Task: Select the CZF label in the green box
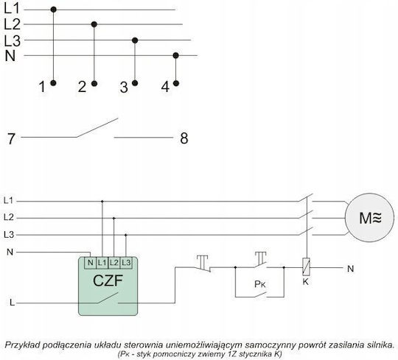click(x=108, y=280)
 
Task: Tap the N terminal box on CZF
click(x=91, y=263)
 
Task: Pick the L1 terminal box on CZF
click(x=102, y=263)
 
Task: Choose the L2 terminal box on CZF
click(x=114, y=263)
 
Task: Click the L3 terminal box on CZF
click(x=126, y=263)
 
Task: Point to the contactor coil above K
click(x=306, y=267)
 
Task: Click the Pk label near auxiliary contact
click(x=259, y=284)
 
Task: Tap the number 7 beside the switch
click(x=11, y=139)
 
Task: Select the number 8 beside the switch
click(x=184, y=138)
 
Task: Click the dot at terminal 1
click(x=53, y=83)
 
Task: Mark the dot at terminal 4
click(x=176, y=83)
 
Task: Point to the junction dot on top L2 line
click(x=94, y=24)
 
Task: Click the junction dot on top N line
click(x=175, y=55)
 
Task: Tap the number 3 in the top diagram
click(x=124, y=87)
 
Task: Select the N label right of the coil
click(x=351, y=269)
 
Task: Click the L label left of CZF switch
click(x=12, y=303)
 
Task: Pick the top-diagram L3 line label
click(x=12, y=40)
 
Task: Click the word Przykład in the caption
click(x=21, y=345)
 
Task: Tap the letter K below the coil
click(x=306, y=282)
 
